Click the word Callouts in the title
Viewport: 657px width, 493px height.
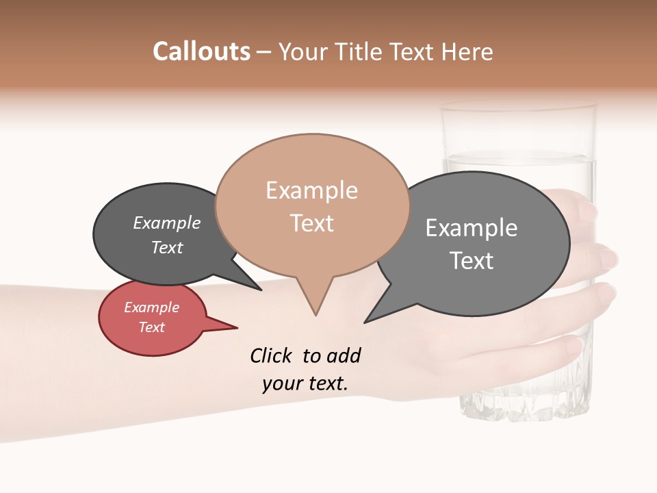click(x=201, y=51)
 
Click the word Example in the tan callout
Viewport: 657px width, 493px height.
click(x=311, y=190)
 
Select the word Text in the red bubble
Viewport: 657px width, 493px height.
click(x=152, y=327)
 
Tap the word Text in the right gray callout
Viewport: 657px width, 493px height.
click(x=472, y=261)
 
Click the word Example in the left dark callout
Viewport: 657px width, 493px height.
click(x=167, y=223)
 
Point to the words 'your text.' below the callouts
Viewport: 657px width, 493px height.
click(x=305, y=383)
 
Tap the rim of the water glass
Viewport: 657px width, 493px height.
click(x=518, y=108)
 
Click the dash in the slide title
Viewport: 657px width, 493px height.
click(x=265, y=51)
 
